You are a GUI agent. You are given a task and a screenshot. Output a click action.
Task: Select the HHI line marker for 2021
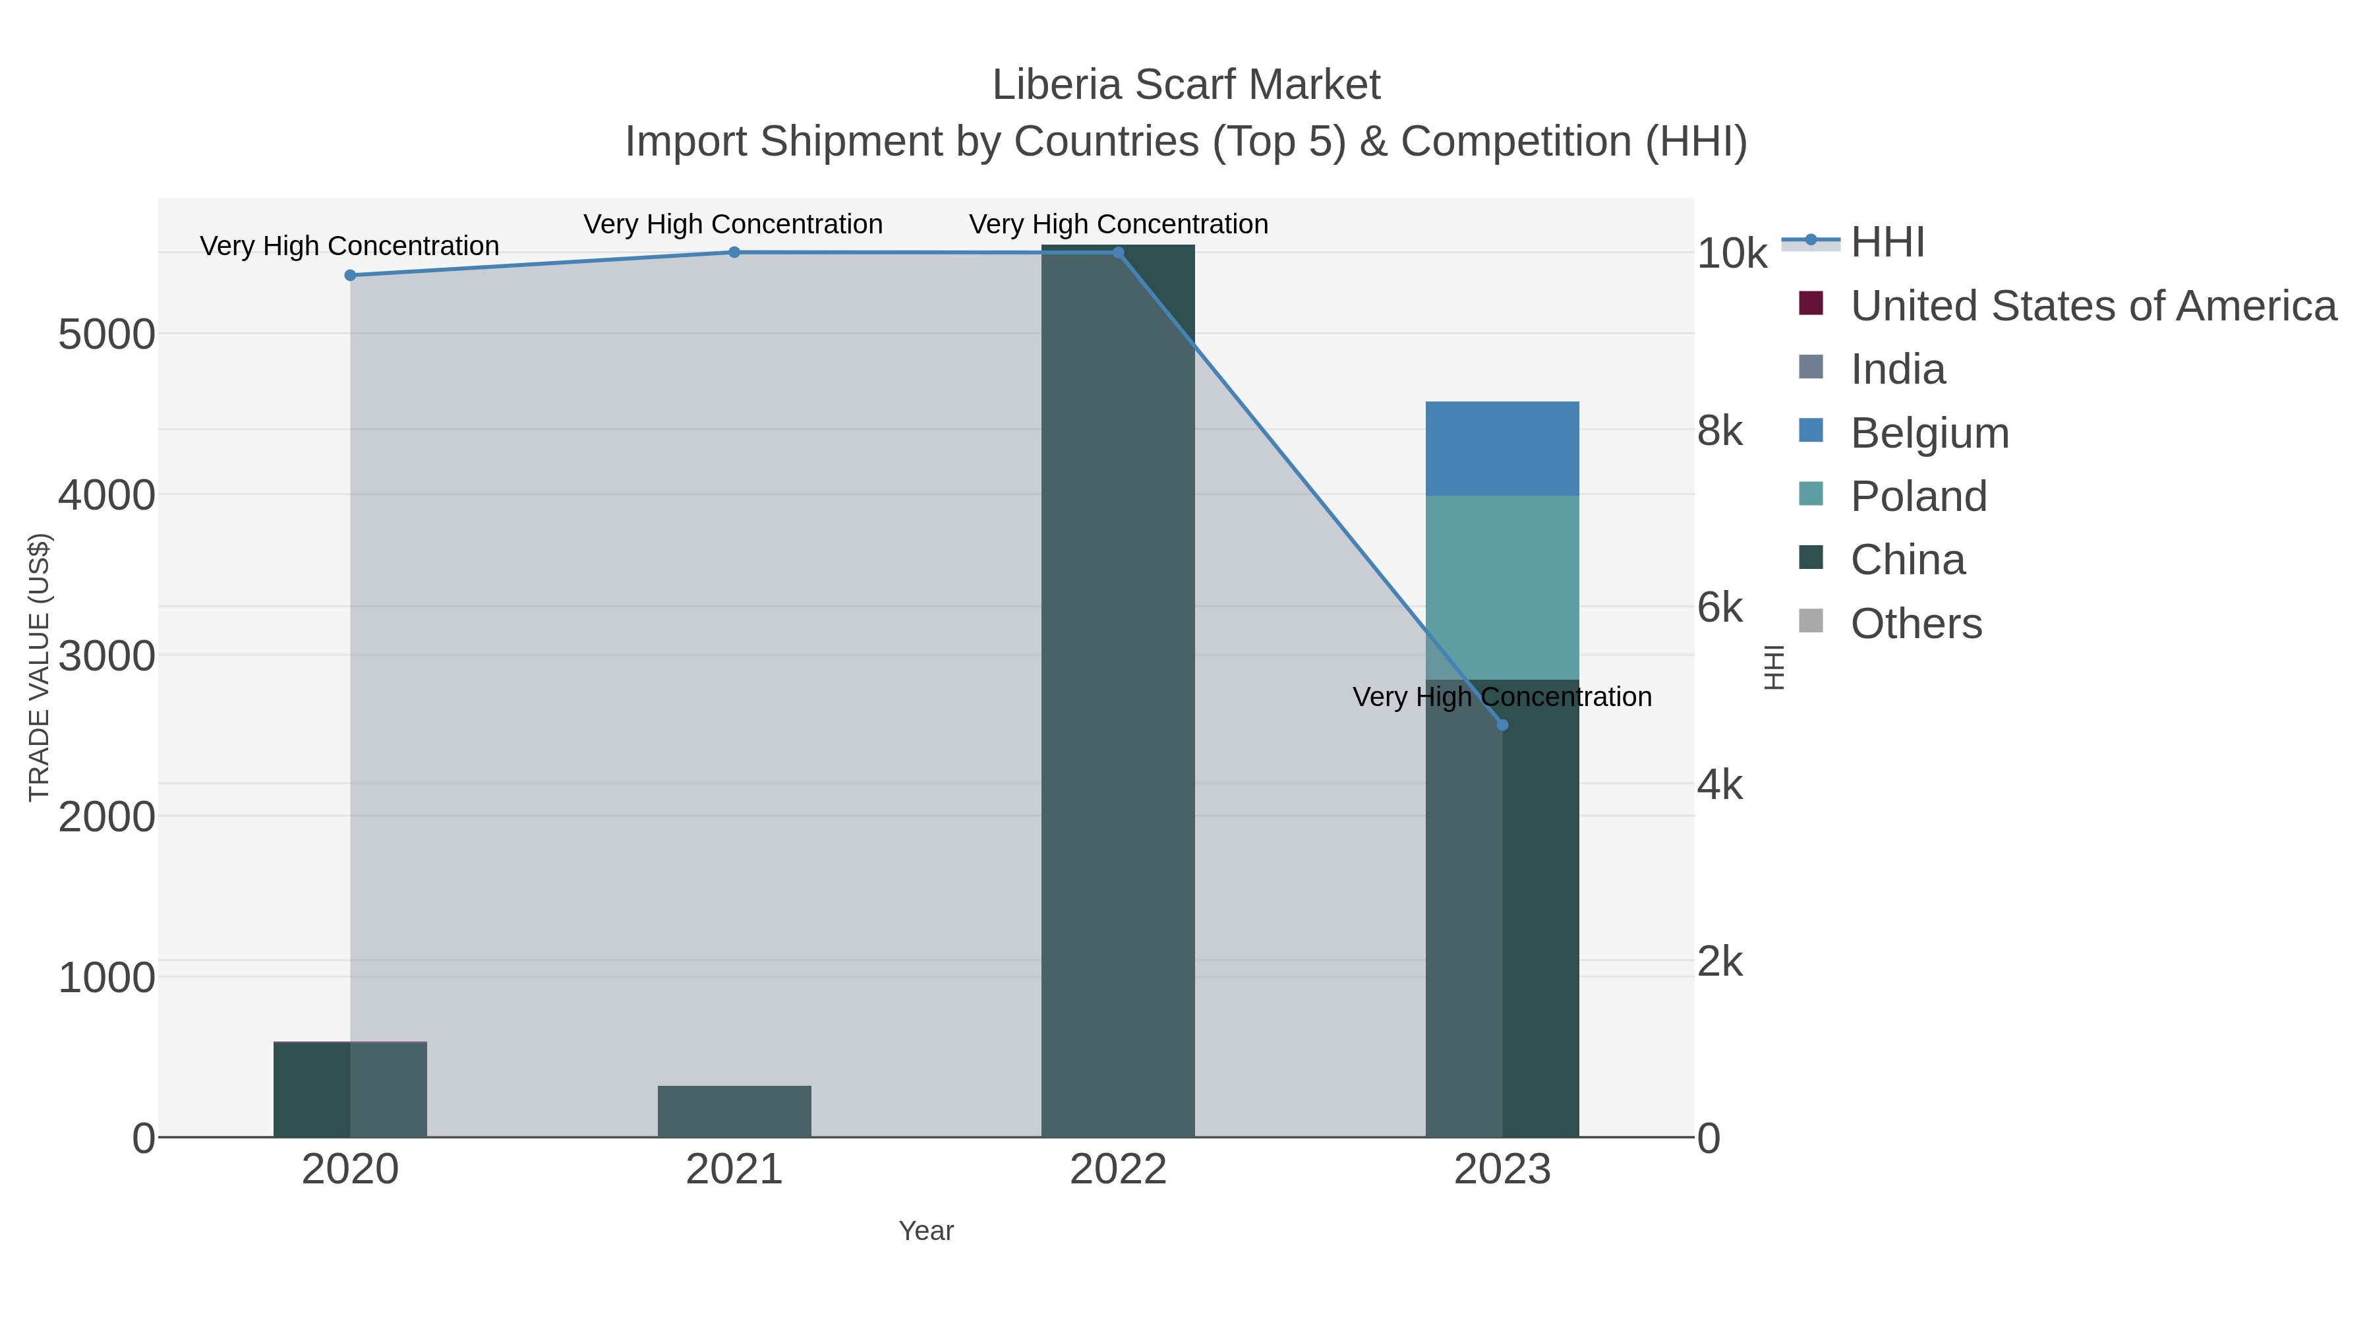[734, 252]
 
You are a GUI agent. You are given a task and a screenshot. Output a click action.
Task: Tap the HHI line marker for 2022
[1119, 252]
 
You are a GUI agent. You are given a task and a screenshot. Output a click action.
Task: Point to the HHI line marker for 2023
[1502, 725]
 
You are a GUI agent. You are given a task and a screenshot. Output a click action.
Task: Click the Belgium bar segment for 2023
[1502, 449]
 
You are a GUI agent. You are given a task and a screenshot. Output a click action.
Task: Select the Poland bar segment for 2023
[1502, 588]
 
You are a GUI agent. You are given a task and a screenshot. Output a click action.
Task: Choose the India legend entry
[1898, 369]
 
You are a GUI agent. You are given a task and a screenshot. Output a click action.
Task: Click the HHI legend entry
[1887, 243]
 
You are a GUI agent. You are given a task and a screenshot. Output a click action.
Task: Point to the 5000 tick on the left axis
[106, 334]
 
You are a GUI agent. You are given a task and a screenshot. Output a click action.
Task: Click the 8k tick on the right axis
[1720, 431]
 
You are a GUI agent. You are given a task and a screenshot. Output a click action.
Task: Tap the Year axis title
[926, 1231]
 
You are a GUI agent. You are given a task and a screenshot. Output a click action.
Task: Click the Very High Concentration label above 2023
[1502, 697]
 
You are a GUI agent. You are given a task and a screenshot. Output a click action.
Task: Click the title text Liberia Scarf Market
[1186, 85]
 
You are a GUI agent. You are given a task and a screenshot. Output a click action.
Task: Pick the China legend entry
[1907, 560]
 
